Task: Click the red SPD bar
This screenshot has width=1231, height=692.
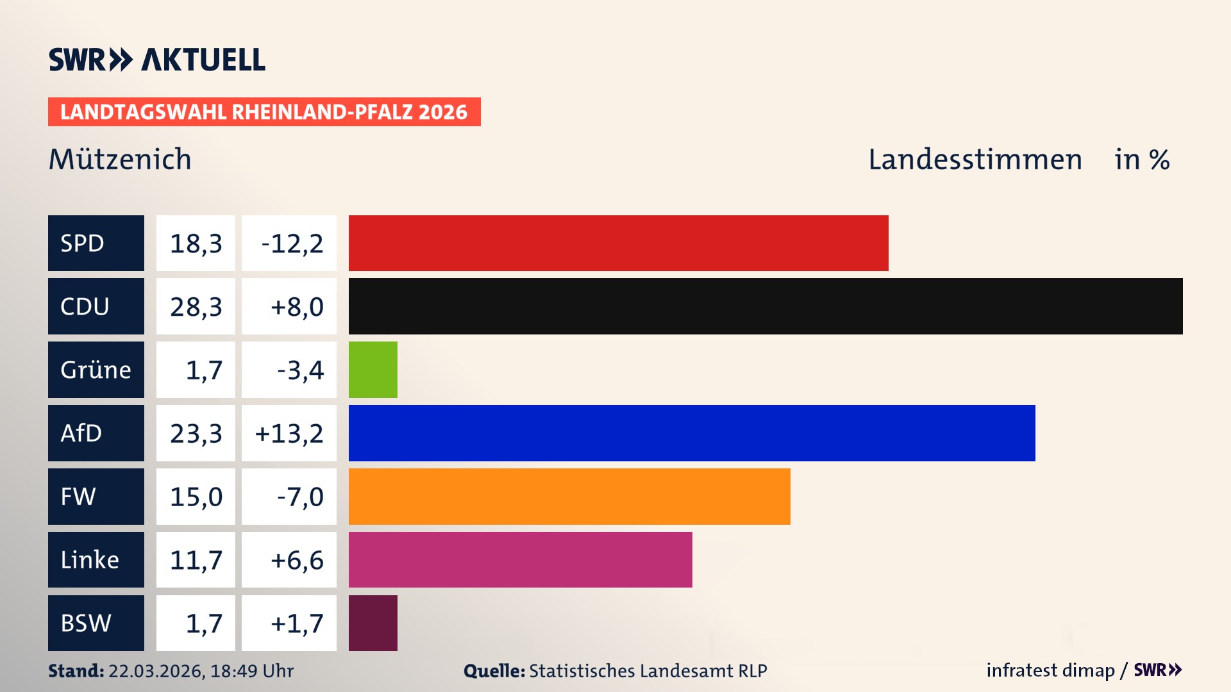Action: (618, 243)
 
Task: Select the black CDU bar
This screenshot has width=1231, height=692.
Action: (765, 306)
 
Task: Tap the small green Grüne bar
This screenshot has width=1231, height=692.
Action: (373, 370)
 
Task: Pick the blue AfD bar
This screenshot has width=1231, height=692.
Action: (691, 433)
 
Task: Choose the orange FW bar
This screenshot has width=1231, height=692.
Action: (569, 497)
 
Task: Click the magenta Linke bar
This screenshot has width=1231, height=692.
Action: (520, 559)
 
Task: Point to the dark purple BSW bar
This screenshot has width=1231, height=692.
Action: (373, 623)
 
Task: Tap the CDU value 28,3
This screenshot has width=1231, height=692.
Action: (196, 307)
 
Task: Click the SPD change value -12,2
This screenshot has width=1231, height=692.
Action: (291, 243)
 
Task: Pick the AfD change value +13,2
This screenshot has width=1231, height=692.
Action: (289, 434)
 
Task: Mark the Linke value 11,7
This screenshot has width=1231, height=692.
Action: (196, 560)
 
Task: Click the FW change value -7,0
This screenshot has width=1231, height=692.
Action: (299, 497)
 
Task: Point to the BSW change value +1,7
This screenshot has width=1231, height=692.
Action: (296, 623)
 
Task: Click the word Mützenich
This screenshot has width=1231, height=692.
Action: (120, 160)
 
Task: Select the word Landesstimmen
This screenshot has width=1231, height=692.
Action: (975, 160)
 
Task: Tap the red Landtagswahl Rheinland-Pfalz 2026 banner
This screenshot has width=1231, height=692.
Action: (264, 112)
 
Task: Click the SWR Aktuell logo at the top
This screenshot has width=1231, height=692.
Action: (156, 60)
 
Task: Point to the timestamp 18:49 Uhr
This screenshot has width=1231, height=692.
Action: (251, 671)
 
